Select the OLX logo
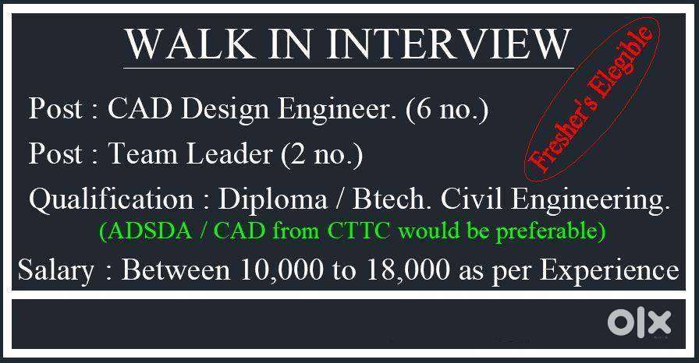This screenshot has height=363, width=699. [639, 323]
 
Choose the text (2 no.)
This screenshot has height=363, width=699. [321, 155]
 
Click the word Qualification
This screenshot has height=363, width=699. [112, 199]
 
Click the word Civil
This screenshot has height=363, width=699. [472, 199]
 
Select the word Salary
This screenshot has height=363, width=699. [56, 271]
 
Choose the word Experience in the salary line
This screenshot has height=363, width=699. [610, 271]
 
